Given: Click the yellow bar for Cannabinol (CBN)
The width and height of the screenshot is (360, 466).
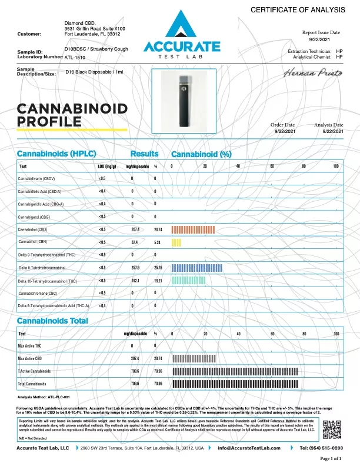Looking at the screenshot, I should [x=175, y=242].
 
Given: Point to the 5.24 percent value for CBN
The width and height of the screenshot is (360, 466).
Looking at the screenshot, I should [x=157, y=242].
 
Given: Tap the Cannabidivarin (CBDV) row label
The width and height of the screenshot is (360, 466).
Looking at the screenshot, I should [x=36, y=178].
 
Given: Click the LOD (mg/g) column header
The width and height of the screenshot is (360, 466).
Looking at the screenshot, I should [x=105, y=167].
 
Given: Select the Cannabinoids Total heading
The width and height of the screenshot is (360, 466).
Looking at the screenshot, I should [x=52, y=321].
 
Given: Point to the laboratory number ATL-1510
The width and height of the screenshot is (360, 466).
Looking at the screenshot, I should [x=74, y=58].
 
